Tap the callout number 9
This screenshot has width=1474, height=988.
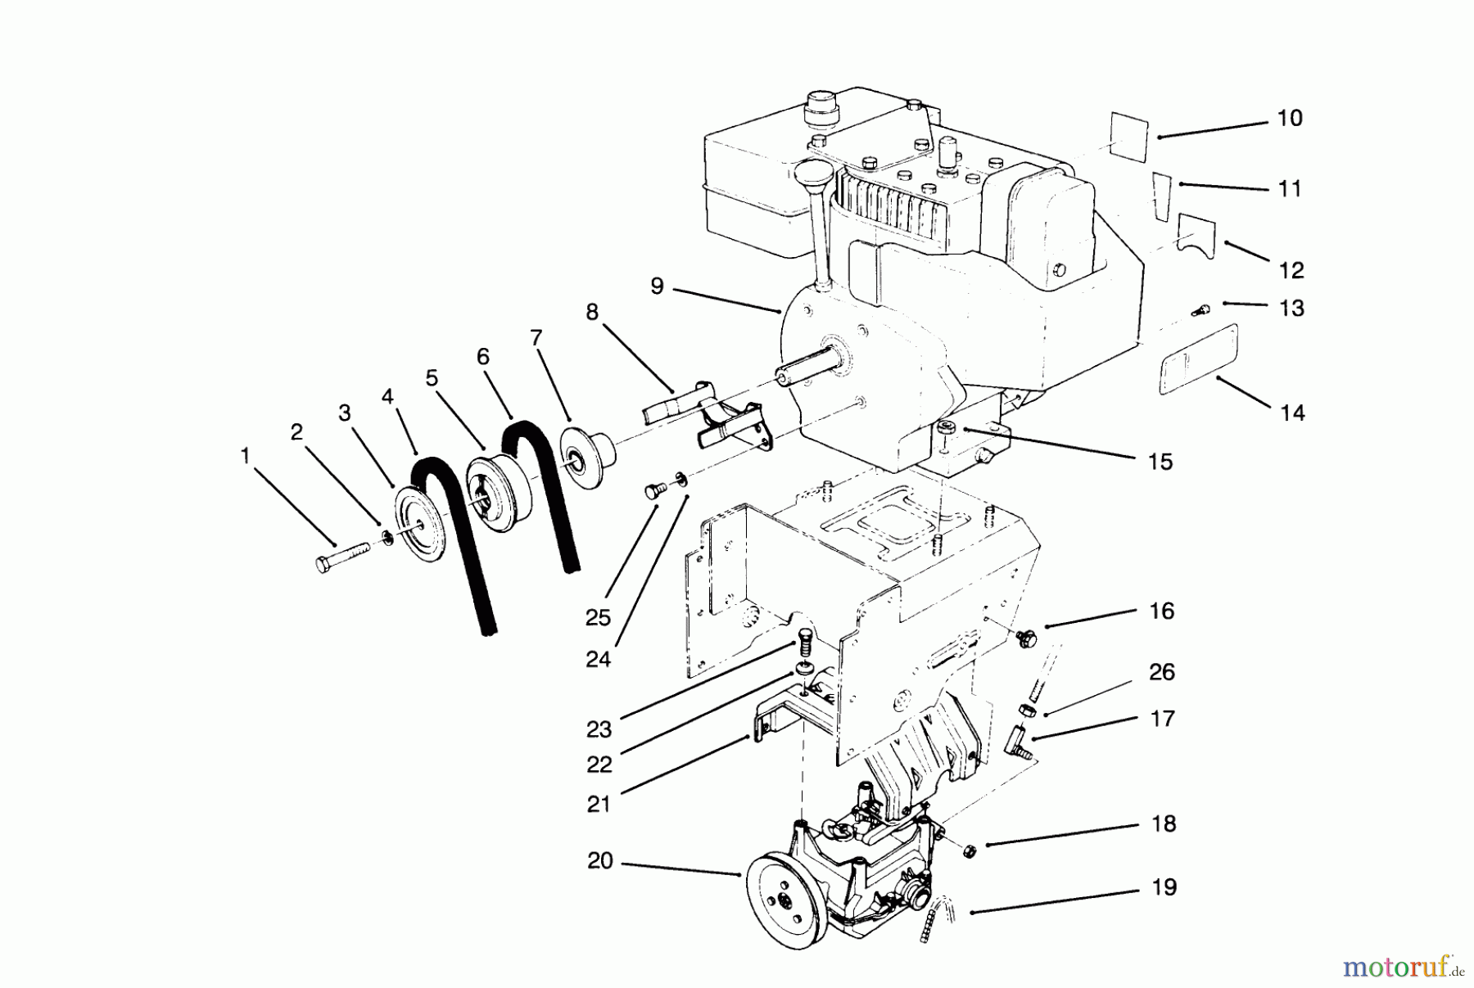coord(657,286)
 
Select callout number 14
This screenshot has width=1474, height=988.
coord(1292,413)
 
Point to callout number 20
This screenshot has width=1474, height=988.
coord(600,861)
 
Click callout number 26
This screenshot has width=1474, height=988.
coord(1162,672)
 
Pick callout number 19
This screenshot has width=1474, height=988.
coord(1164,887)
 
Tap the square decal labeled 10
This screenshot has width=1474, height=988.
coord(1129,133)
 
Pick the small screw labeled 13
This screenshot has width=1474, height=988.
coord(1202,309)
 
